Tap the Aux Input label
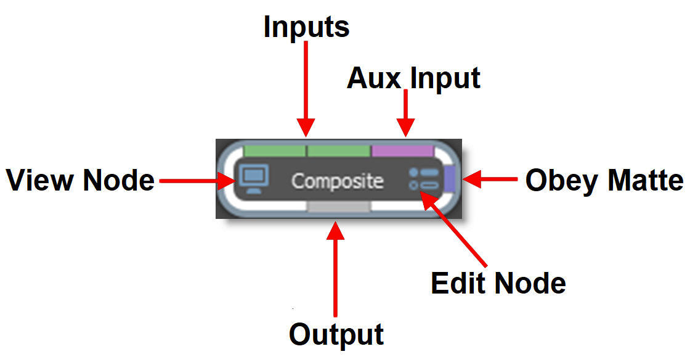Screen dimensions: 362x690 413,78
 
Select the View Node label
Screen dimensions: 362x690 80,181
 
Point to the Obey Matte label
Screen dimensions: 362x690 604,181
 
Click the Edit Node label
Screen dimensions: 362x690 498,283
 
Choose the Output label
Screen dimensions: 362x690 336,334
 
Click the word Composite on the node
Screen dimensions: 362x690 337,181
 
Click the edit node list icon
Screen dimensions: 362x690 423,179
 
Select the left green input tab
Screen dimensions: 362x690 275,150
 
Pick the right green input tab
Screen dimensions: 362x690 338,150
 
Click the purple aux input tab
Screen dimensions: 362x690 403,150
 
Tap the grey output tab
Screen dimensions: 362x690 338,207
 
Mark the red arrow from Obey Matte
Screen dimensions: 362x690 490,179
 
